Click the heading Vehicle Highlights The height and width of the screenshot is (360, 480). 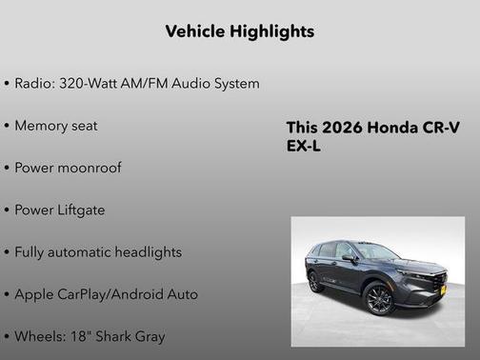[239, 31]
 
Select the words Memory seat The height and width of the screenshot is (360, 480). [56, 126]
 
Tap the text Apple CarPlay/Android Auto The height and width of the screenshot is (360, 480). [107, 294]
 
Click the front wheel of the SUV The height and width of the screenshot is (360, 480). [379, 298]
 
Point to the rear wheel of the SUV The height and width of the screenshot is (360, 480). [315, 283]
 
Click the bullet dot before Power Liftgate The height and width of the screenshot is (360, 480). [8, 210]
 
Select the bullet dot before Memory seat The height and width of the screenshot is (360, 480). [8, 126]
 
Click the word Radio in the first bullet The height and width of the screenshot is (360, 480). [34, 84]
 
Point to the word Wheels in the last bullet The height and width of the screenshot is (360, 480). [40, 336]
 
